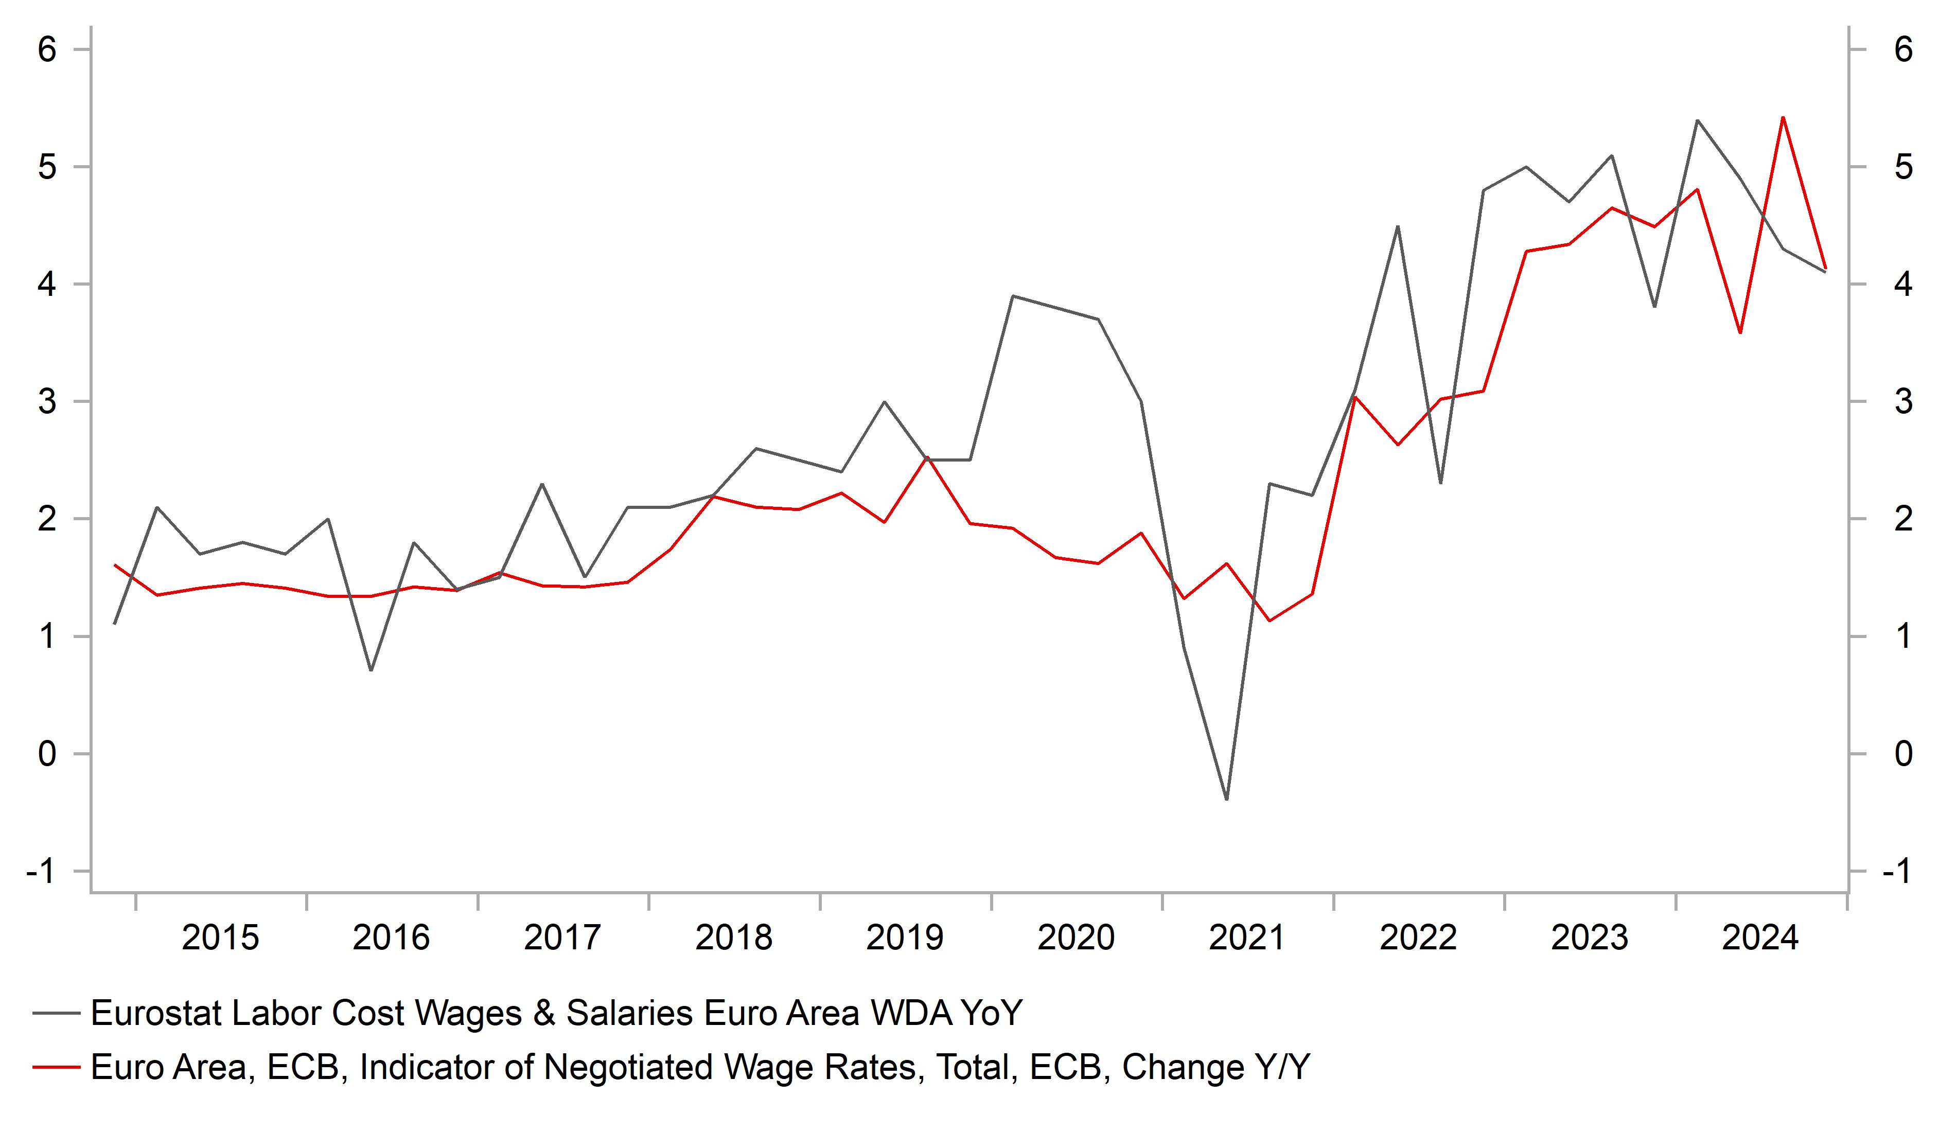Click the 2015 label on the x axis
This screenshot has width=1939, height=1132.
(220, 938)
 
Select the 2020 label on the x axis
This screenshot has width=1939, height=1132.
(1076, 938)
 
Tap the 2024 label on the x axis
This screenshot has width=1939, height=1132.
(1760, 938)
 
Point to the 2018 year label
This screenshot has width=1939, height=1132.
(733, 938)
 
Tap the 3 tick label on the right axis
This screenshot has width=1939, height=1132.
(1903, 402)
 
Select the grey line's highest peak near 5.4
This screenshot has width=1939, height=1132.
(1697, 121)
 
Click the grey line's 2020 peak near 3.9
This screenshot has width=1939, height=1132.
(1013, 296)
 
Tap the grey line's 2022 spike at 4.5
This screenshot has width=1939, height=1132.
(1397, 226)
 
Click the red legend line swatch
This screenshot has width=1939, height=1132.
(56, 1067)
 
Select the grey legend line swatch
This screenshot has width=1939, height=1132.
(56, 1014)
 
